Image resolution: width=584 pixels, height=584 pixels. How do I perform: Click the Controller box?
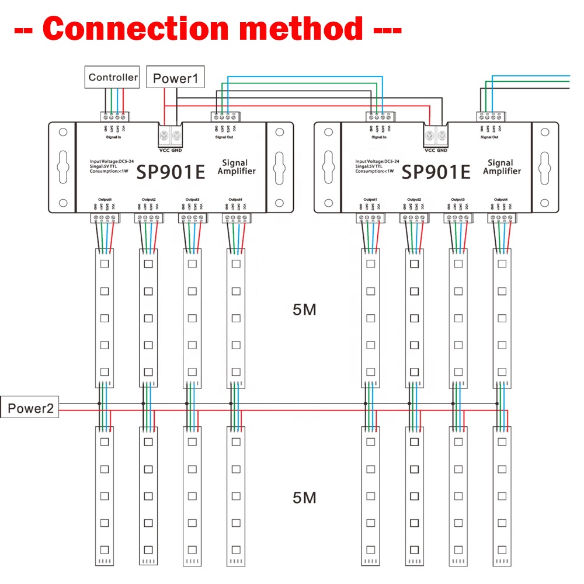pyautogui.click(x=113, y=77)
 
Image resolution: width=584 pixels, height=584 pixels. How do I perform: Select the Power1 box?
pyautogui.click(x=176, y=78)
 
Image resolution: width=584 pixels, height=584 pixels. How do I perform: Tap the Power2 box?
pyautogui.click(x=30, y=408)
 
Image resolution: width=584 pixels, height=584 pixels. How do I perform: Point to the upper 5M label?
pyautogui.click(x=304, y=310)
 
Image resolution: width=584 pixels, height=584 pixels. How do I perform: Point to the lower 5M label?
pyautogui.click(x=304, y=498)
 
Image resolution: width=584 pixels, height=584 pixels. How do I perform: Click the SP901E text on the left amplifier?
pyautogui.click(x=170, y=172)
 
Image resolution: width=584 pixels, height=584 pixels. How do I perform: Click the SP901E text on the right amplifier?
pyautogui.click(x=436, y=172)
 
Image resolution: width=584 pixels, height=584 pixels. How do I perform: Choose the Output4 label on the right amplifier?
pyautogui.click(x=500, y=199)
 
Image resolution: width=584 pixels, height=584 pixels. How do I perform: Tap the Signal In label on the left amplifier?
pyautogui.click(x=114, y=137)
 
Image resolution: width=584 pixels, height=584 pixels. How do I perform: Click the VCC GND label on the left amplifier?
pyautogui.click(x=171, y=150)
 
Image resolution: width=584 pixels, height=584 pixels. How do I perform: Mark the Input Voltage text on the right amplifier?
pyautogui.click(x=377, y=161)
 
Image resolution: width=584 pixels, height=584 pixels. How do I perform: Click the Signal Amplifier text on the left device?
pyautogui.click(x=237, y=167)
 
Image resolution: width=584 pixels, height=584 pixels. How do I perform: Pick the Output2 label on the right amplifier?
pyautogui.click(x=413, y=199)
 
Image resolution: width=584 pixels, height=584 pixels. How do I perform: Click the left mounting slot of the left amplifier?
pyautogui.click(x=62, y=166)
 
